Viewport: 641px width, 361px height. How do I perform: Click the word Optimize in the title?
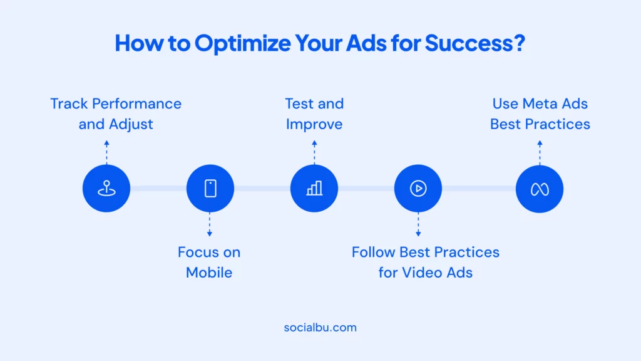(x=242, y=43)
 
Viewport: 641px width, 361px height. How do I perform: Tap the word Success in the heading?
(x=469, y=43)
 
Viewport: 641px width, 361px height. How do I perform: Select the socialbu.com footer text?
(x=320, y=327)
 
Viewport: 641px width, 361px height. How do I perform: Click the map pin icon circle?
(x=106, y=188)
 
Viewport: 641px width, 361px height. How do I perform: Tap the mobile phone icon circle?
(x=210, y=188)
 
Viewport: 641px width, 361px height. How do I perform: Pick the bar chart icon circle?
(x=314, y=188)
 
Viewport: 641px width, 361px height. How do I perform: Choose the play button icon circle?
(x=418, y=188)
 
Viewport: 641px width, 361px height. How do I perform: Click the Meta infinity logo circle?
(x=539, y=189)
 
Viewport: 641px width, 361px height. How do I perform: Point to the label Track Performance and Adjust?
(x=116, y=114)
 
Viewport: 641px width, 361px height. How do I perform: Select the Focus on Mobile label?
(x=209, y=263)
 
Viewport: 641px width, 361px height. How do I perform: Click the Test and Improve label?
(x=314, y=114)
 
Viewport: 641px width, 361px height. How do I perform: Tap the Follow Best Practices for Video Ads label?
(x=426, y=263)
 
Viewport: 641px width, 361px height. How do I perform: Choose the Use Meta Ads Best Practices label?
(x=540, y=114)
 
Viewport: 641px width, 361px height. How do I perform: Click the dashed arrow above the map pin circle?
(x=106, y=152)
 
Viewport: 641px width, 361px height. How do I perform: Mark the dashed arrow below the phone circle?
(x=210, y=224)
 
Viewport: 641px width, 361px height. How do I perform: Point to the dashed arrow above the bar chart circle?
(x=314, y=152)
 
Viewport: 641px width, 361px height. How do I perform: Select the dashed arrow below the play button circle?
(x=418, y=224)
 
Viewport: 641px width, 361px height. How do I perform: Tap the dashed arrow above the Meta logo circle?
(x=540, y=152)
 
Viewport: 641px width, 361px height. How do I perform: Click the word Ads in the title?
(x=366, y=43)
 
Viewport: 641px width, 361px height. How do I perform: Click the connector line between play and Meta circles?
(x=479, y=188)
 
